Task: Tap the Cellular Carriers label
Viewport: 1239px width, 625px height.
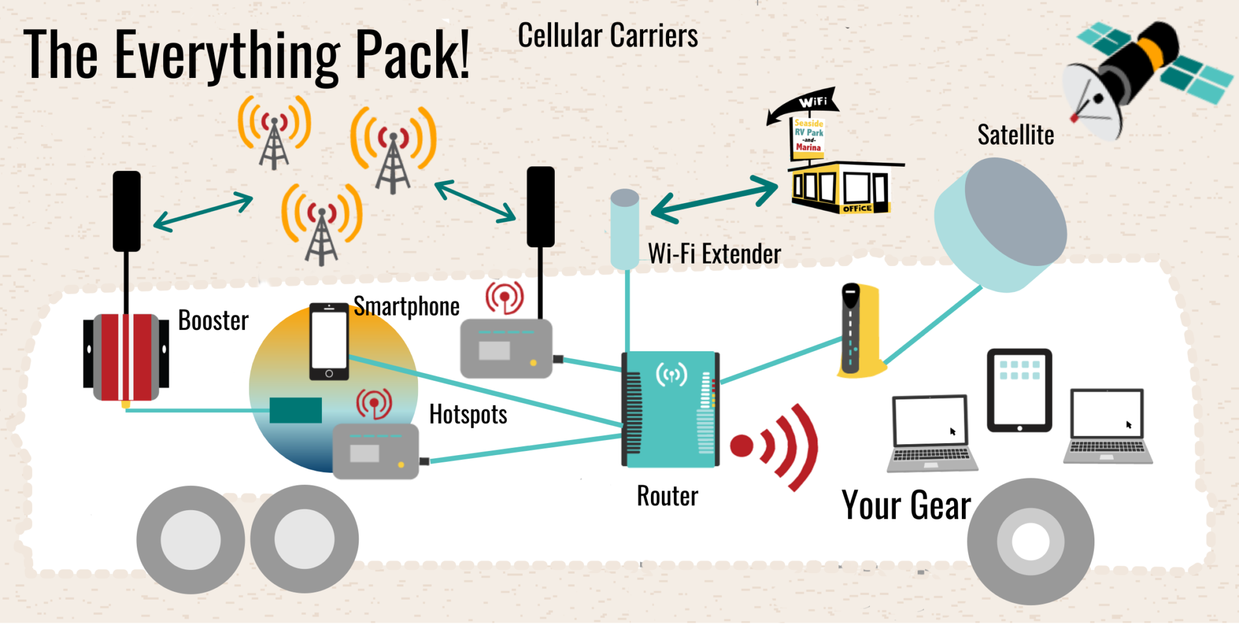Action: click(607, 36)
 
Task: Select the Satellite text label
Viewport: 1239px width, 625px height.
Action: click(1015, 135)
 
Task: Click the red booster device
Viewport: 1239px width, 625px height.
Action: click(126, 357)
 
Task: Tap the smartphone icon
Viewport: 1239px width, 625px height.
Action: click(329, 342)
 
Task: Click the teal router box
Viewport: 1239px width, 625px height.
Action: click(670, 409)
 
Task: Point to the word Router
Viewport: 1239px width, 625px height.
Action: click(667, 496)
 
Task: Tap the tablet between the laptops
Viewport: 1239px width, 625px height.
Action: click(1019, 390)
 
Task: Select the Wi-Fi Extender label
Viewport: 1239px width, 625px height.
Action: click(714, 254)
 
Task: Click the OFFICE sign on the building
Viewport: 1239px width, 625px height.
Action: click(857, 209)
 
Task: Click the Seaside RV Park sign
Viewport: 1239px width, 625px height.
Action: click(809, 135)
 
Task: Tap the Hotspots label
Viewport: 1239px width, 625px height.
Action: click(468, 415)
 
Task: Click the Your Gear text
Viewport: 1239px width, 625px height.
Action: click(906, 505)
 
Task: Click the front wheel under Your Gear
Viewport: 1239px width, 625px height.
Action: click(1030, 541)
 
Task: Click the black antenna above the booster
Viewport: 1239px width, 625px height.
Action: click(126, 211)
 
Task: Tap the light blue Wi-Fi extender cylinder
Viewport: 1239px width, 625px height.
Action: click(625, 229)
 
